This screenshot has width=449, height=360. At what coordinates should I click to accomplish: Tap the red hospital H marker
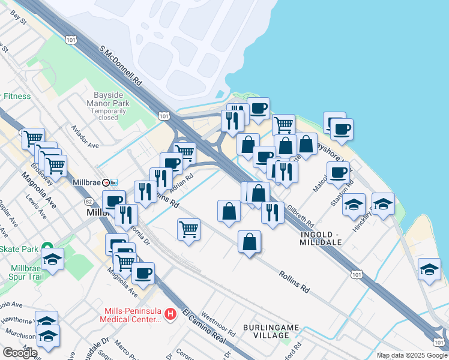coord(171,313)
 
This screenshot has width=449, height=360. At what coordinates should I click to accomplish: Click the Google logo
coord(20,352)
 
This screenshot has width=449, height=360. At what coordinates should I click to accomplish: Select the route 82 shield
coord(89,202)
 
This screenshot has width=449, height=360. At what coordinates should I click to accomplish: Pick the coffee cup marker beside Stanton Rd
coord(338,173)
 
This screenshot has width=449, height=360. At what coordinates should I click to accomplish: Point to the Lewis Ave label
coord(35,215)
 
